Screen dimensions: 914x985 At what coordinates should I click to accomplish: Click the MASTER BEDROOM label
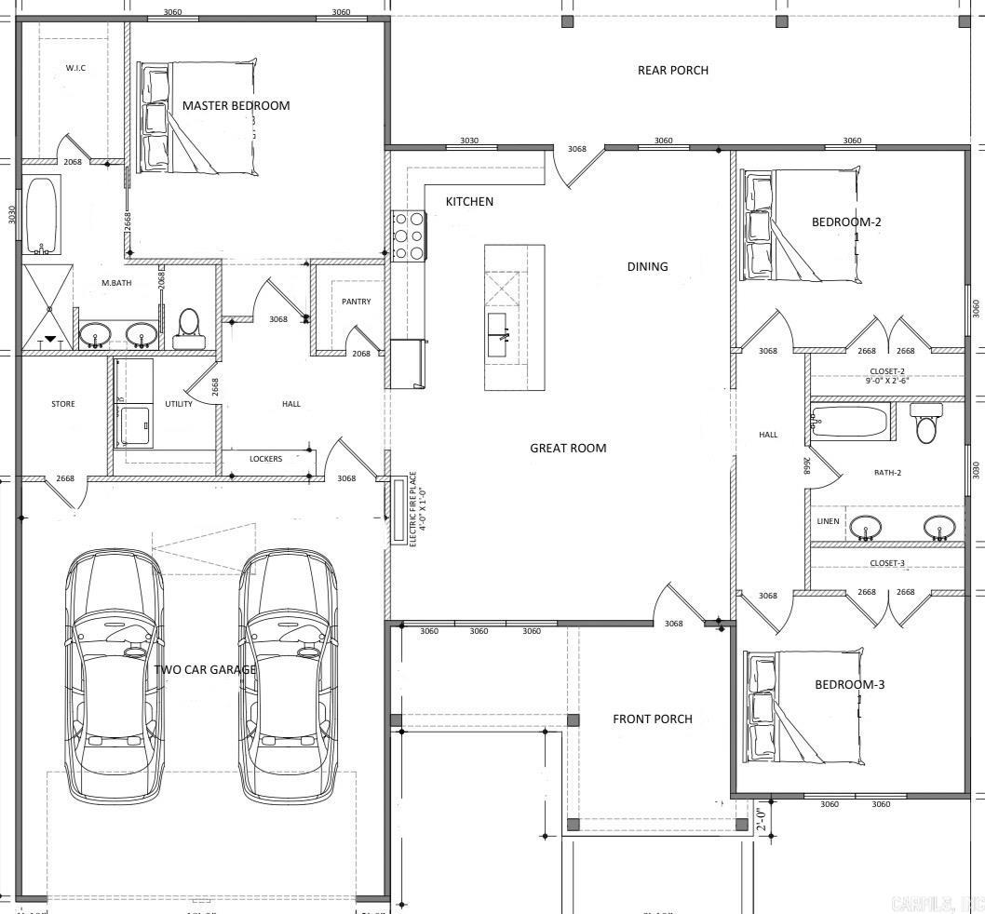(236, 105)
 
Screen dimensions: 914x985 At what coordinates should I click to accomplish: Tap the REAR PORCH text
(672, 70)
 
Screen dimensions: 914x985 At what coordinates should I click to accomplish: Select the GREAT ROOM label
(568, 448)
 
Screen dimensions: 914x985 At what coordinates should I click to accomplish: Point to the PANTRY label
(356, 302)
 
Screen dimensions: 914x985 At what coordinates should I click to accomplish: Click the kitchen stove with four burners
(410, 236)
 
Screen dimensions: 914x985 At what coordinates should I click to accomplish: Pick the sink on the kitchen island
(497, 327)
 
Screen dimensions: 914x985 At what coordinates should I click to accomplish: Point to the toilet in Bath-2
(927, 423)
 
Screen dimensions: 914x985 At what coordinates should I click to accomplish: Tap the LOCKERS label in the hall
(265, 459)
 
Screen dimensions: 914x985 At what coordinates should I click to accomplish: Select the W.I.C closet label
(75, 68)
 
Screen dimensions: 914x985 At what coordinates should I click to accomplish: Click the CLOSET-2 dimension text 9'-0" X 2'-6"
(886, 380)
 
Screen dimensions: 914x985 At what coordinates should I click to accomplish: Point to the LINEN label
(828, 521)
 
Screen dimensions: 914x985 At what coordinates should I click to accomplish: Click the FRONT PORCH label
(652, 719)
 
